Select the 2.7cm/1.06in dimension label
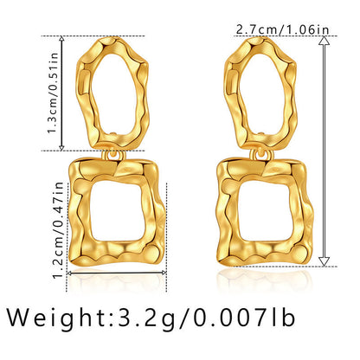coord(283,29)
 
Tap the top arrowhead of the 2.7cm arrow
coord(324,43)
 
